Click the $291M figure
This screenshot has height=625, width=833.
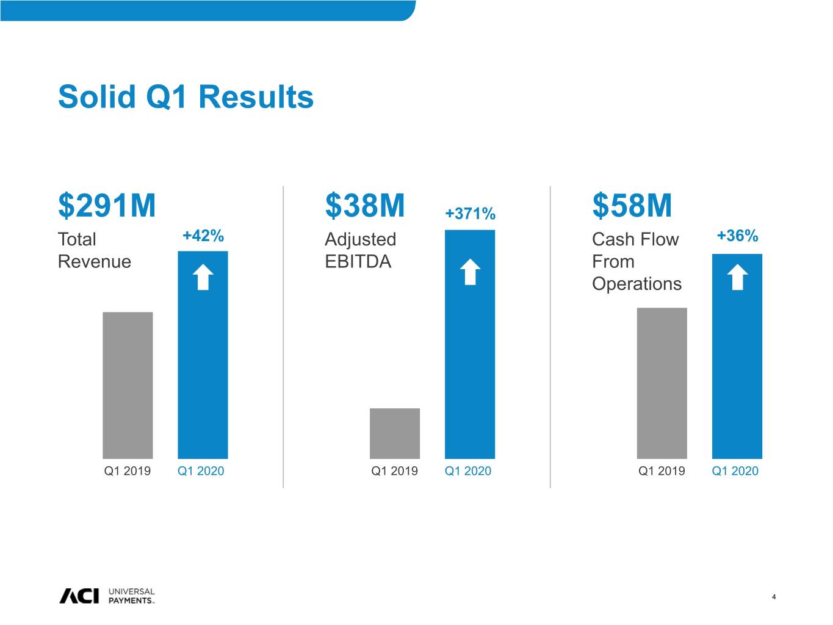107,205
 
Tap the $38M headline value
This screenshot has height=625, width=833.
365,205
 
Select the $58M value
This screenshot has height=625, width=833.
632,205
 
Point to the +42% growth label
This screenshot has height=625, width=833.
203,236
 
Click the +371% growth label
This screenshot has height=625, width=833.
470,213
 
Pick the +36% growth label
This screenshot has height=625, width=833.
737,236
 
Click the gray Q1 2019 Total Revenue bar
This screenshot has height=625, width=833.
128,386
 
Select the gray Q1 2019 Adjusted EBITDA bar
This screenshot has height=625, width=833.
395,434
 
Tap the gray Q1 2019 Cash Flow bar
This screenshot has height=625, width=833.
662,383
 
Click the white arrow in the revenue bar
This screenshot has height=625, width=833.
203,277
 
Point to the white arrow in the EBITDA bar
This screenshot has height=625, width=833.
470,272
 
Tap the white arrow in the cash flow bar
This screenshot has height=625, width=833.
737,277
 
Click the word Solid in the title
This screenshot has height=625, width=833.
97,96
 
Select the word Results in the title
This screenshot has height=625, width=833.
256,97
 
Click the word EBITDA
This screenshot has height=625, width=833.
358,261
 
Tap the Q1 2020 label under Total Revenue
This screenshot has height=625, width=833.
201,471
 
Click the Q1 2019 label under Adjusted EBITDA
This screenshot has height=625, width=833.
394,471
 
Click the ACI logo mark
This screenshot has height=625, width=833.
79,596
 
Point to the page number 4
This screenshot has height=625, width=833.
774,597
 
